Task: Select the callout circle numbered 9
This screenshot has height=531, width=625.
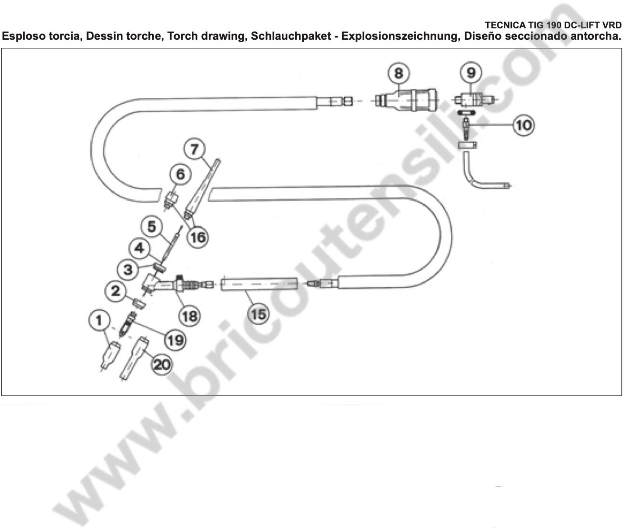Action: [471, 73]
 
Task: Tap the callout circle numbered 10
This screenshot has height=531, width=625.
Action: [524, 125]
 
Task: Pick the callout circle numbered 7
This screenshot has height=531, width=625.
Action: [194, 149]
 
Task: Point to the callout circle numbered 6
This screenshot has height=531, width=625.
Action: [180, 174]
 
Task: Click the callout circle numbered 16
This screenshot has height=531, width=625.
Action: [198, 238]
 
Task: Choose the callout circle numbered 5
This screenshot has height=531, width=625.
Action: [152, 227]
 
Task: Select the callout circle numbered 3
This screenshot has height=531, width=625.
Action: [128, 270]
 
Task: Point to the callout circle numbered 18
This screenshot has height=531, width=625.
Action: [190, 316]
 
